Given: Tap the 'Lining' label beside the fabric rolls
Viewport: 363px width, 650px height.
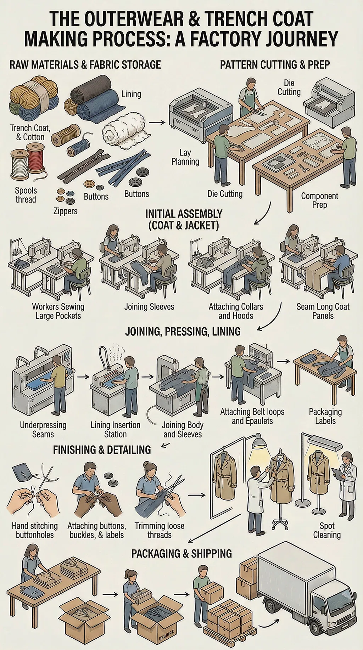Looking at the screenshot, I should coord(131,94).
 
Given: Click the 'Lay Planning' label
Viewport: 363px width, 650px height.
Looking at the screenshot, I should coord(185,157).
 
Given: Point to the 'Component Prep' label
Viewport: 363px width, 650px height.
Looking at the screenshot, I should coord(319,200).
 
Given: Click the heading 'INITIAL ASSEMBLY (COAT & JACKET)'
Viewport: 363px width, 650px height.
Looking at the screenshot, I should coord(184,220).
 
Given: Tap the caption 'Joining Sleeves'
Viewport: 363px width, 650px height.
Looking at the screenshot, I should coord(149,307).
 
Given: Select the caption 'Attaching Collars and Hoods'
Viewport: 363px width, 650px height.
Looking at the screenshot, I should coord(236,311).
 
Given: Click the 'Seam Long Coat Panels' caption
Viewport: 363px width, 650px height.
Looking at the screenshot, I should coord(323,311).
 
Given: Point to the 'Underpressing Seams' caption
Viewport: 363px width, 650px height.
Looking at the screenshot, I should coord(43,430).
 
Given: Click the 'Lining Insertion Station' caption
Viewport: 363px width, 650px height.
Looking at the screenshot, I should coord(115,430).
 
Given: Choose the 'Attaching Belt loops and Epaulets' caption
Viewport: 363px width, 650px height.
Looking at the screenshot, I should coord(252,417).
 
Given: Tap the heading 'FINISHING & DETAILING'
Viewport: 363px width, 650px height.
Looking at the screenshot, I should coord(102,450).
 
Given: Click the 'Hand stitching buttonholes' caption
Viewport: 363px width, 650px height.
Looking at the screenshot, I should coord(35,530).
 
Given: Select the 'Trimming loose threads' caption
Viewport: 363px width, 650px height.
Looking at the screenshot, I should coord(159,530).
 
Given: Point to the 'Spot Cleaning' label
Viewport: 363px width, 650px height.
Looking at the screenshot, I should coord(327,530).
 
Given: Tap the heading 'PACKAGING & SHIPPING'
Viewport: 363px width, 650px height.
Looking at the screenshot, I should coord(181,554).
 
